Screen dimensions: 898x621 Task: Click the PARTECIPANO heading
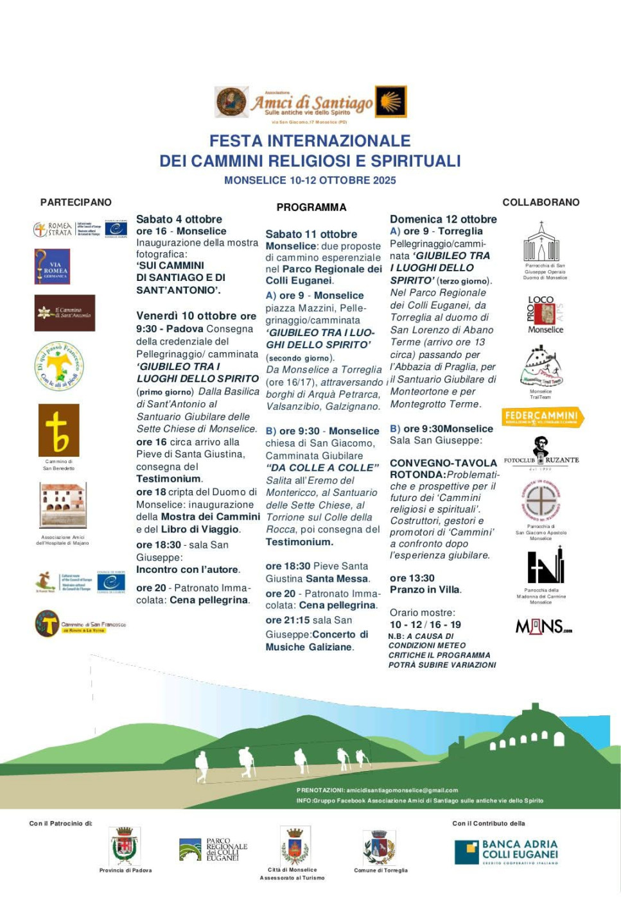(x=76, y=202)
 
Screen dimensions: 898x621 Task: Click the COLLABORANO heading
(x=541, y=202)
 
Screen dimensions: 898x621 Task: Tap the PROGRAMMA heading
(x=311, y=207)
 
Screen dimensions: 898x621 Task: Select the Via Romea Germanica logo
(x=52, y=266)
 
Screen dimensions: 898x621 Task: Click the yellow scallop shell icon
(x=390, y=101)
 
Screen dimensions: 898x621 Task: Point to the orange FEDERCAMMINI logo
(x=543, y=417)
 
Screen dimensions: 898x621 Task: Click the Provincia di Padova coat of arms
(x=125, y=846)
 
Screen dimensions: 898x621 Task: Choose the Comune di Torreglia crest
(x=379, y=847)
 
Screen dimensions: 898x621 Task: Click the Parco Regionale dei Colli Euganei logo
(x=213, y=849)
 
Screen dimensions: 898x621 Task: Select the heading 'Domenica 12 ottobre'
(x=443, y=219)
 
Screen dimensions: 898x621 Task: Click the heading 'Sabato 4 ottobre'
(x=179, y=219)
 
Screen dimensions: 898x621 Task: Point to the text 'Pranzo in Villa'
(x=425, y=589)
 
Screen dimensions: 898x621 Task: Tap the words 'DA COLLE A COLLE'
(x=322, y=468)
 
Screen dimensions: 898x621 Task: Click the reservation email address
(x=402, y=790)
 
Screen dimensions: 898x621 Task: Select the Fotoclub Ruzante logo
(x=541, y=453)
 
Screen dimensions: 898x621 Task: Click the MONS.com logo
(x=543, y=626)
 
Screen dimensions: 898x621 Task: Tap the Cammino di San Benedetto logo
(x=58, y=430)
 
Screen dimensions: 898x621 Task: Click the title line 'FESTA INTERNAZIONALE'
(x=310, y=140)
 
